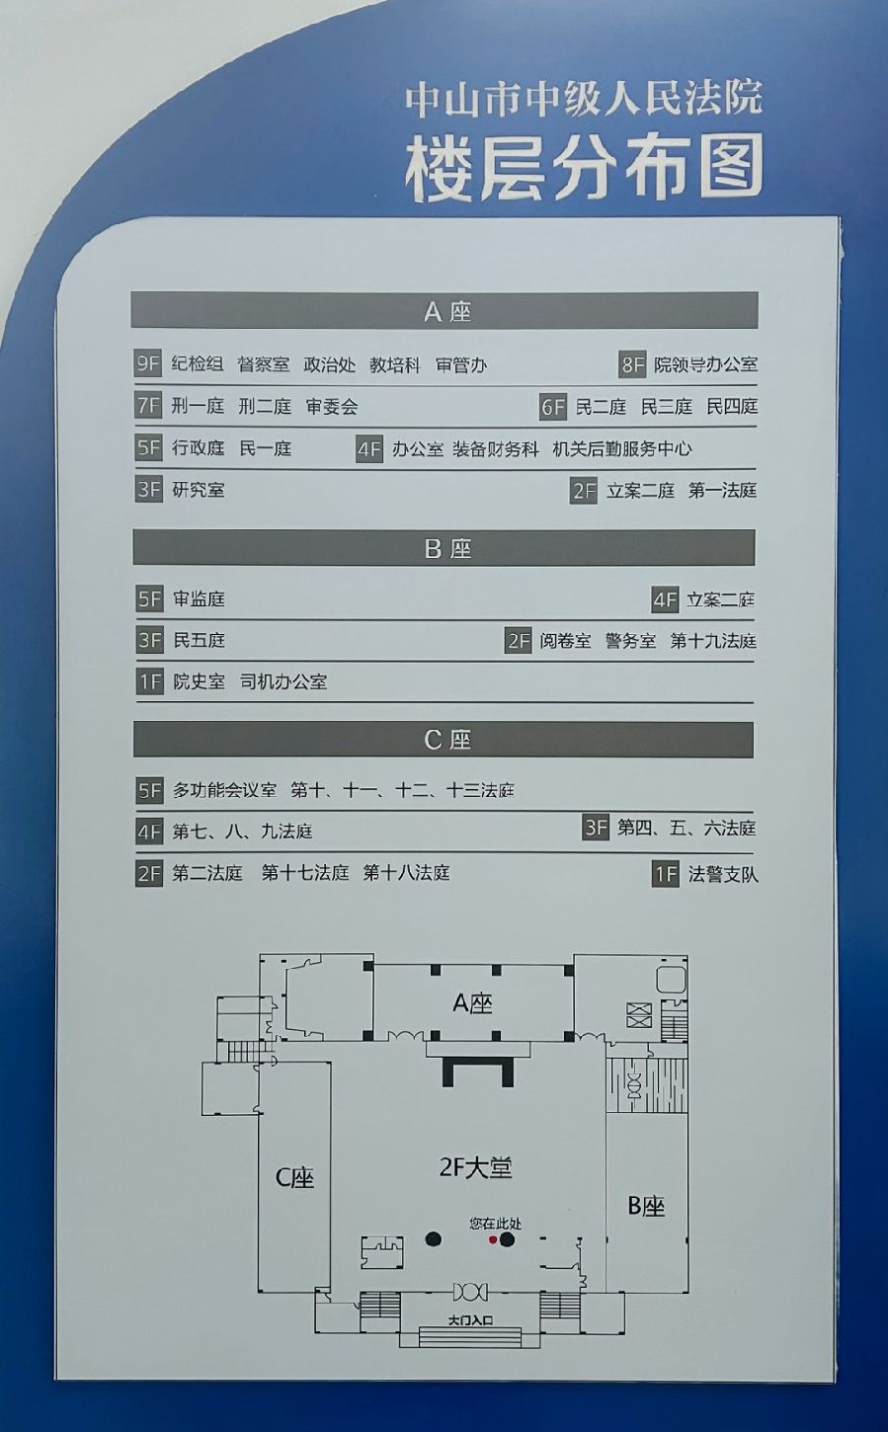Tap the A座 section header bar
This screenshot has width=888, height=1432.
click(x=444, y=311)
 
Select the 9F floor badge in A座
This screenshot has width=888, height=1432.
click(x=148, y=364)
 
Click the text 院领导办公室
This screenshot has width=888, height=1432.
click(x=706, y=364)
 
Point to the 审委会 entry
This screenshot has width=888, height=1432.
click(x=332, y=406)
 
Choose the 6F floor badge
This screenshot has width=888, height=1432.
click(x=553, y=407)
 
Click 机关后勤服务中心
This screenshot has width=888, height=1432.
click(x=622, y=449)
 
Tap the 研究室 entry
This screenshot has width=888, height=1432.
click(x=199, y=490)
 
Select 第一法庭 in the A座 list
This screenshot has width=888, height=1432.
click(x=723, y=491)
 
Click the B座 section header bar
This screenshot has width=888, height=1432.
click(x=444, y=548)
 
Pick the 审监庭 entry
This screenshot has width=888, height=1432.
click(x=200, y=599)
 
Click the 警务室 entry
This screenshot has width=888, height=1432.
click(x=631, y=641)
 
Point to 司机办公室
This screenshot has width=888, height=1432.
click(x=283, y=682)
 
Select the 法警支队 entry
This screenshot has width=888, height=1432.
click(x=723, y=874)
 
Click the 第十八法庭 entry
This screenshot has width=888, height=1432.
click(x=407, y=873)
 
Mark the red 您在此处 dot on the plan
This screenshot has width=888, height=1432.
click(x=493, y=1241)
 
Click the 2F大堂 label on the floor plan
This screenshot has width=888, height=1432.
click(x=476, y=1168)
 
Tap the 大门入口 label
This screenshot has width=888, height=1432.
click(x=469, y=1319)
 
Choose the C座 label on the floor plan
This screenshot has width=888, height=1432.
click(x=294, y=1177)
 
